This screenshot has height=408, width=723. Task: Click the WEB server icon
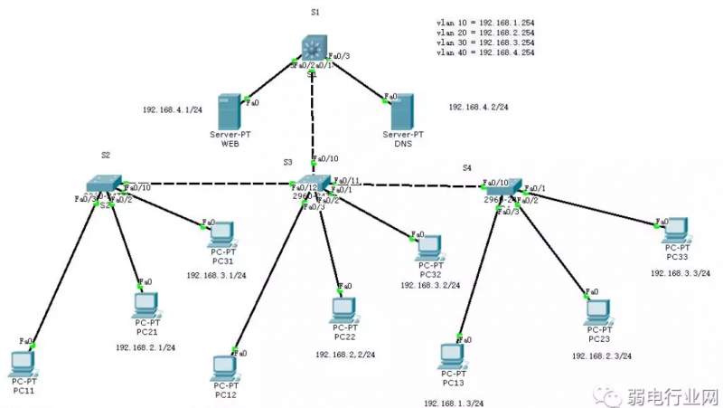pos(230,111)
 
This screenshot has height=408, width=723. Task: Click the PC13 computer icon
pos(454,355)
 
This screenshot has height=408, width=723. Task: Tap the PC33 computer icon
pos(677,231)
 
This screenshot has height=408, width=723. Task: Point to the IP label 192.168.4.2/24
pos(478,107)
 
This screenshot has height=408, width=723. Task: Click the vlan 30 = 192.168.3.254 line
pos(484,42)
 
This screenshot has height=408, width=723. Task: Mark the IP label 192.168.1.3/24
pos(453,403)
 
